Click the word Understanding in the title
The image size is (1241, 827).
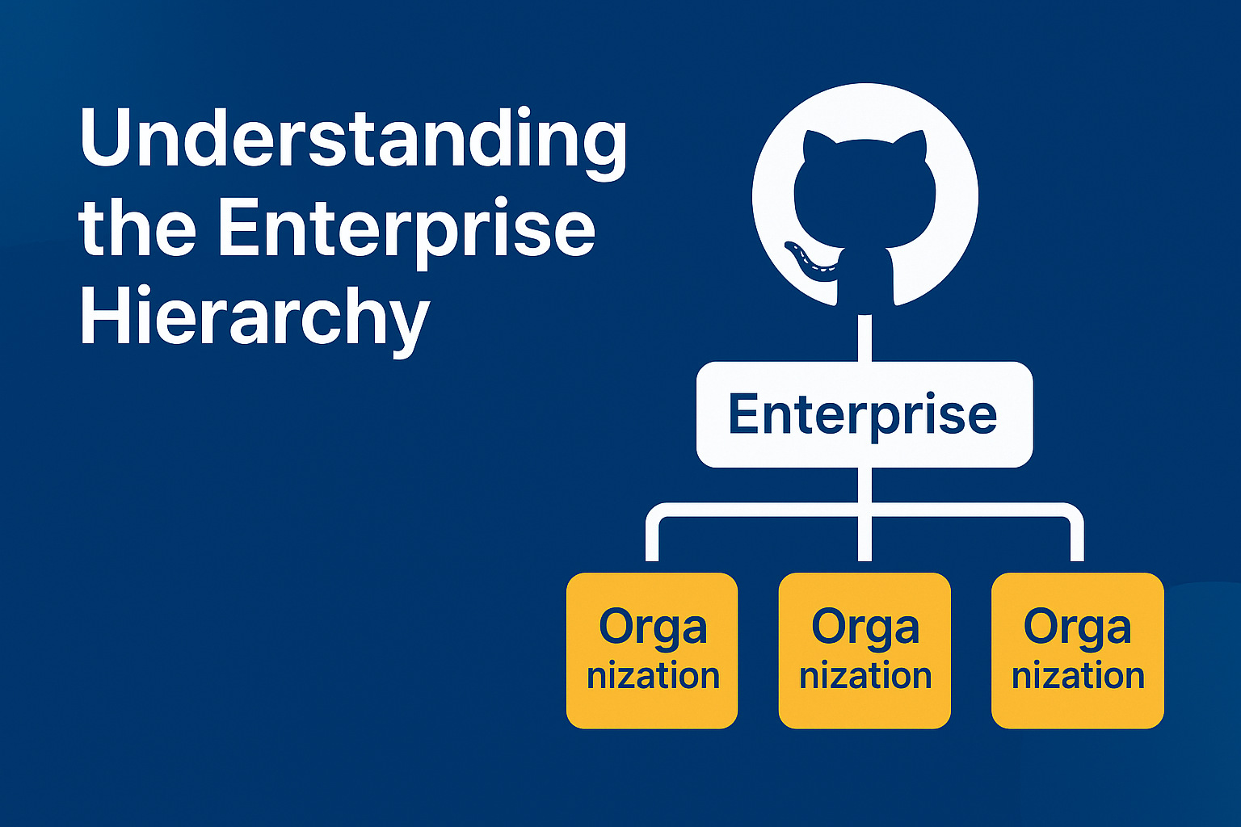coord(353,139)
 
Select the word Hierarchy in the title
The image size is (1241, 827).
coord(254,317)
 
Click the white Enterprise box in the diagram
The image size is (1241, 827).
coord(864,414)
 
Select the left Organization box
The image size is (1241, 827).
coord(652,650)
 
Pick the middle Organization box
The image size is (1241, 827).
coord(864,650)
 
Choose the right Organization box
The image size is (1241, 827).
coord(1077,650)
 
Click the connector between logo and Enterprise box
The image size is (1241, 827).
coord(864,338)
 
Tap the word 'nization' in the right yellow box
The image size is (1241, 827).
coord(1078,675)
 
